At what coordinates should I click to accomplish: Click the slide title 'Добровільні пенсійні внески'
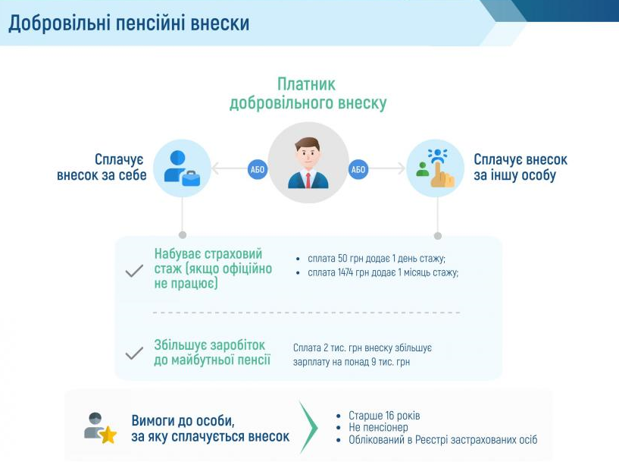[x=129, y=23]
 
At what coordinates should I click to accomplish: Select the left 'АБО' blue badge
[x=258, y=169]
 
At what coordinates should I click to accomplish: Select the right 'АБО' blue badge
[x=358, y=169]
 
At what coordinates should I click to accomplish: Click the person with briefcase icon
[x=182, y=168]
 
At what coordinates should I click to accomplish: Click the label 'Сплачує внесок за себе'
[x=102, y=168]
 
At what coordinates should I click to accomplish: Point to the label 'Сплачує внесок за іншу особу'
[x=521, y=168]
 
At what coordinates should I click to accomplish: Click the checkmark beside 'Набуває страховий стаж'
[x=134, y=270]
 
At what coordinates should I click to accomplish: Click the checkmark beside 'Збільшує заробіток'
[x=134, y=353]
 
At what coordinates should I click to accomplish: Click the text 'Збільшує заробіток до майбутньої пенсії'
[x=212, y=353]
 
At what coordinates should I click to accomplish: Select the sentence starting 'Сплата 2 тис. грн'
[x=362, y=354]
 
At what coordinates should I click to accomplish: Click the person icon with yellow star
[x=99, y=429]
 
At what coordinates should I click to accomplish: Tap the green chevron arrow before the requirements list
[x=308, y=428]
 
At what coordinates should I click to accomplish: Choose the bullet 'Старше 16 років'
[x=383, y=416]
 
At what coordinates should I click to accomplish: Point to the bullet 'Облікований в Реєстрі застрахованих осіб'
[x=442, y=440]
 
